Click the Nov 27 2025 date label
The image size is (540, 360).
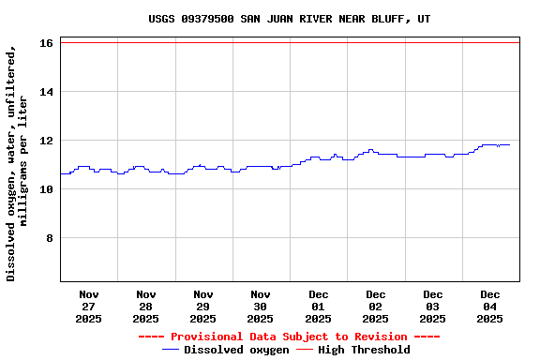89,307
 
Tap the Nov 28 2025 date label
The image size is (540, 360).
146,307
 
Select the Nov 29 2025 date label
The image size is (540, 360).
203,307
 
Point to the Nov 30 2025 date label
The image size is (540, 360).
261,307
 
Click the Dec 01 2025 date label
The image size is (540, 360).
319,307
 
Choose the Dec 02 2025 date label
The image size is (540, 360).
376,307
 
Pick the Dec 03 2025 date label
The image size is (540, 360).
433,307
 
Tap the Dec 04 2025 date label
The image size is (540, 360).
490,307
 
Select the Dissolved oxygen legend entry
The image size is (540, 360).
236,350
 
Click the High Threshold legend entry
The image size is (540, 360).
364,350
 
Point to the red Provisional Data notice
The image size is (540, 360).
289,337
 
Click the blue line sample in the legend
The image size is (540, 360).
171,350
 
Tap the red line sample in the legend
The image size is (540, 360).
305,350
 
